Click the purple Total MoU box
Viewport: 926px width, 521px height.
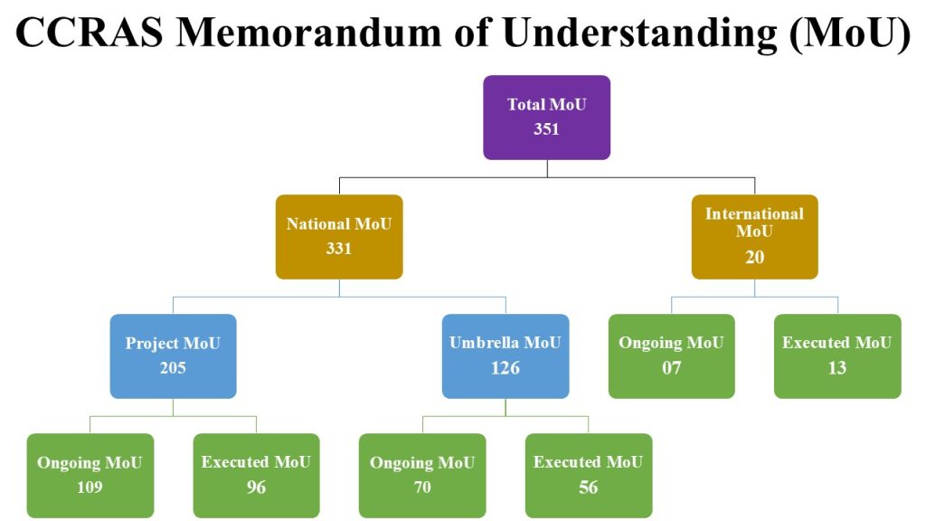[x=546, y=117]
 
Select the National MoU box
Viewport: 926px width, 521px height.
[x=339, y=236]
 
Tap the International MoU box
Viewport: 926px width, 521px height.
[x=755, y=236]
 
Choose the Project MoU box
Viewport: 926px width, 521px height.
[x=173, y=355]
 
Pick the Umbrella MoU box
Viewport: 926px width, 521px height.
[x=506, y=355]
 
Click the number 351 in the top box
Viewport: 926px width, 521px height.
[x=546, y=128]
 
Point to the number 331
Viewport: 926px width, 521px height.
[x=339, y=248]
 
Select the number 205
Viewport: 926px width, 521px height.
[x=173, y=367]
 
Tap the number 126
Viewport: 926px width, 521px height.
[x=506, y=367]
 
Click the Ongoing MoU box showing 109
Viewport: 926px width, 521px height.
[x=90, y=476]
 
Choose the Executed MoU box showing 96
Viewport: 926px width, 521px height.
[x=256, y=476]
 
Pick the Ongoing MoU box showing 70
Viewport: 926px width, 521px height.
[x=422, y=476]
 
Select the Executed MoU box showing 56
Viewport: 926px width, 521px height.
[x=589, y=476]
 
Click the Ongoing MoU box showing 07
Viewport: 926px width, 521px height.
[x=672, y=355]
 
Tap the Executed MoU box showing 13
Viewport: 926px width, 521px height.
[x=837, y=355]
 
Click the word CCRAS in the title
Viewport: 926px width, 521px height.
[x=90, y=32]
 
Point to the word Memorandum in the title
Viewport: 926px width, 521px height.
[x=309, y=32]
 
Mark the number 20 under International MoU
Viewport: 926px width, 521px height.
[x=755, y=257]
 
